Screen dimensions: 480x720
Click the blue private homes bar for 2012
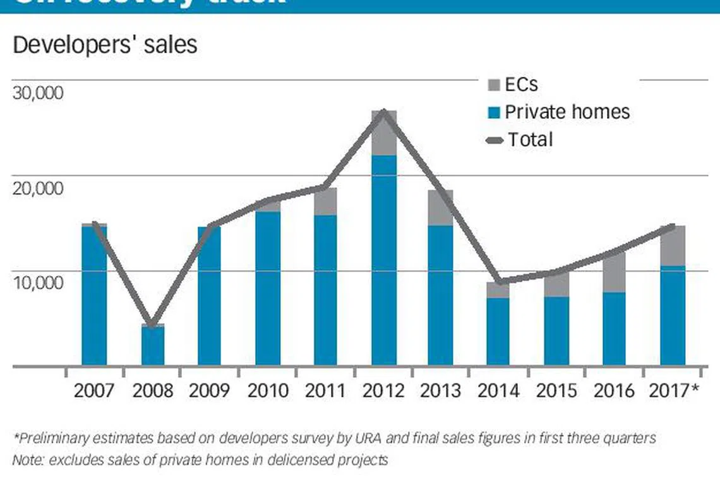coord(384,259)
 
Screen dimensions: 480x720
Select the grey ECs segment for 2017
coord(673,246)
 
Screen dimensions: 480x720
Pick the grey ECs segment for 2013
coord(440,207)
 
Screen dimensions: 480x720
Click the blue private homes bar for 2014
coord(498,331)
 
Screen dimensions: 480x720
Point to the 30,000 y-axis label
coord(39,93)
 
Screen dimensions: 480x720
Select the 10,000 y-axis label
coord(39,282)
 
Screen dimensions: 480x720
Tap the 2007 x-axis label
coord(95,390)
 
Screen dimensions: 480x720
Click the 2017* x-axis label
coord(674,390)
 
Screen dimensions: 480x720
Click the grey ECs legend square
coord(494,85)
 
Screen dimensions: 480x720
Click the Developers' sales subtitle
coord(104,45)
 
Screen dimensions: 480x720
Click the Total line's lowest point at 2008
coord(152,324)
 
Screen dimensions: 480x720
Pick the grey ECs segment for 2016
coord(614,272)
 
